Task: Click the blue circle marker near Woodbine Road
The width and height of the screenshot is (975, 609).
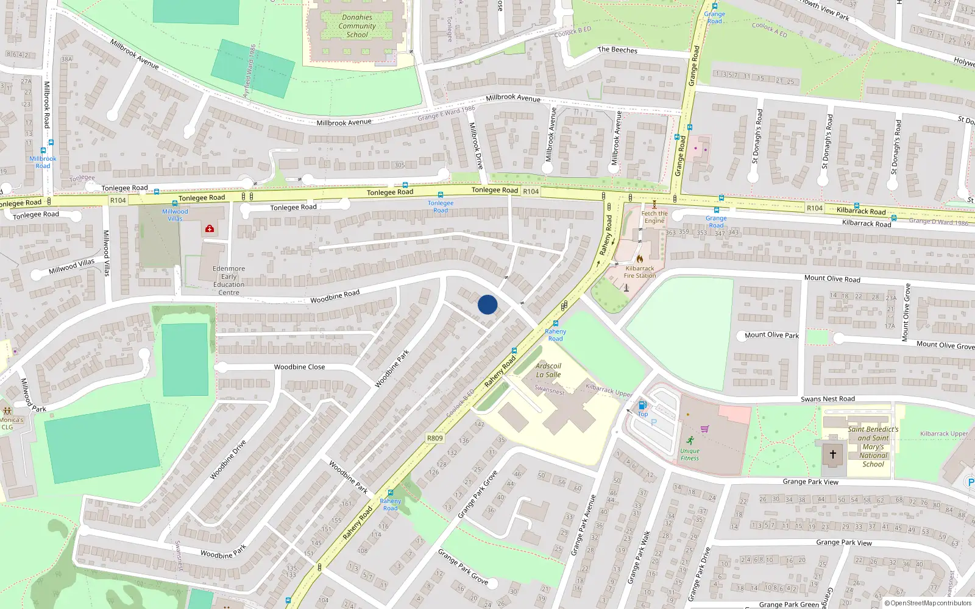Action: pyautogui.click(x=487, y=304)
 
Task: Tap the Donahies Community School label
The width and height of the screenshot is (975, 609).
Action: pyautogui.click(x=357, y=26)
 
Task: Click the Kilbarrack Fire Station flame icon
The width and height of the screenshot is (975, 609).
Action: pyautogui.click(x=639, y=259)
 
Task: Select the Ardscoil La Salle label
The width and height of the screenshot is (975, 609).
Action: pyautogui.click(x=548, y=370)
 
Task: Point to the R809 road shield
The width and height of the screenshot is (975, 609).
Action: pyautogui.click(x=434, y=438)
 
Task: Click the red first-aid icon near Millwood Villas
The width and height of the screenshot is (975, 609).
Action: pyautogui.click(x=210, y=228)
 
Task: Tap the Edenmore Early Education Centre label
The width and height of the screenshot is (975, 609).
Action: pyautogui.click(x=229, y=280)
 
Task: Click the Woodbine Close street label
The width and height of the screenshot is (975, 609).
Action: pyautogui.click(x=299, y=367)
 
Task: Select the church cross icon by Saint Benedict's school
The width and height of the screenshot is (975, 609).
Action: pyautogui.click(x=833, y=454)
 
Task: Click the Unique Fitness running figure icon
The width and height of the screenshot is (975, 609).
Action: pyautogui.click(x=690, y=440)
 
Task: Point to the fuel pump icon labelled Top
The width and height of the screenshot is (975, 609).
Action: pyautogui.click(x=642, y=405)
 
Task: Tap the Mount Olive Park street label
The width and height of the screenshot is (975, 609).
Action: pyautogui.click(x=771, y=336)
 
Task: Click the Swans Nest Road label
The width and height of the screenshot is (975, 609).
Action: pyautogui.click(x=828, y=399)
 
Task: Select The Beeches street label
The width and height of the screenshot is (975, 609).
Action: pyautogui.click(x=617, y=50)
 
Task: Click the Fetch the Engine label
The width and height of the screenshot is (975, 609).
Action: pyautogui.click(x=654, y=217)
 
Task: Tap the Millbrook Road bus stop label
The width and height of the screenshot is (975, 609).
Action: pyautogui.click(x=43, y=162)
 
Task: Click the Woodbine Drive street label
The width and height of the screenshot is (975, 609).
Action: pyautogui.click(x=228, y=459)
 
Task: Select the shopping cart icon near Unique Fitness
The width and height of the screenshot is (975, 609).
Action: pyautogui.click(x=705, y=429)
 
